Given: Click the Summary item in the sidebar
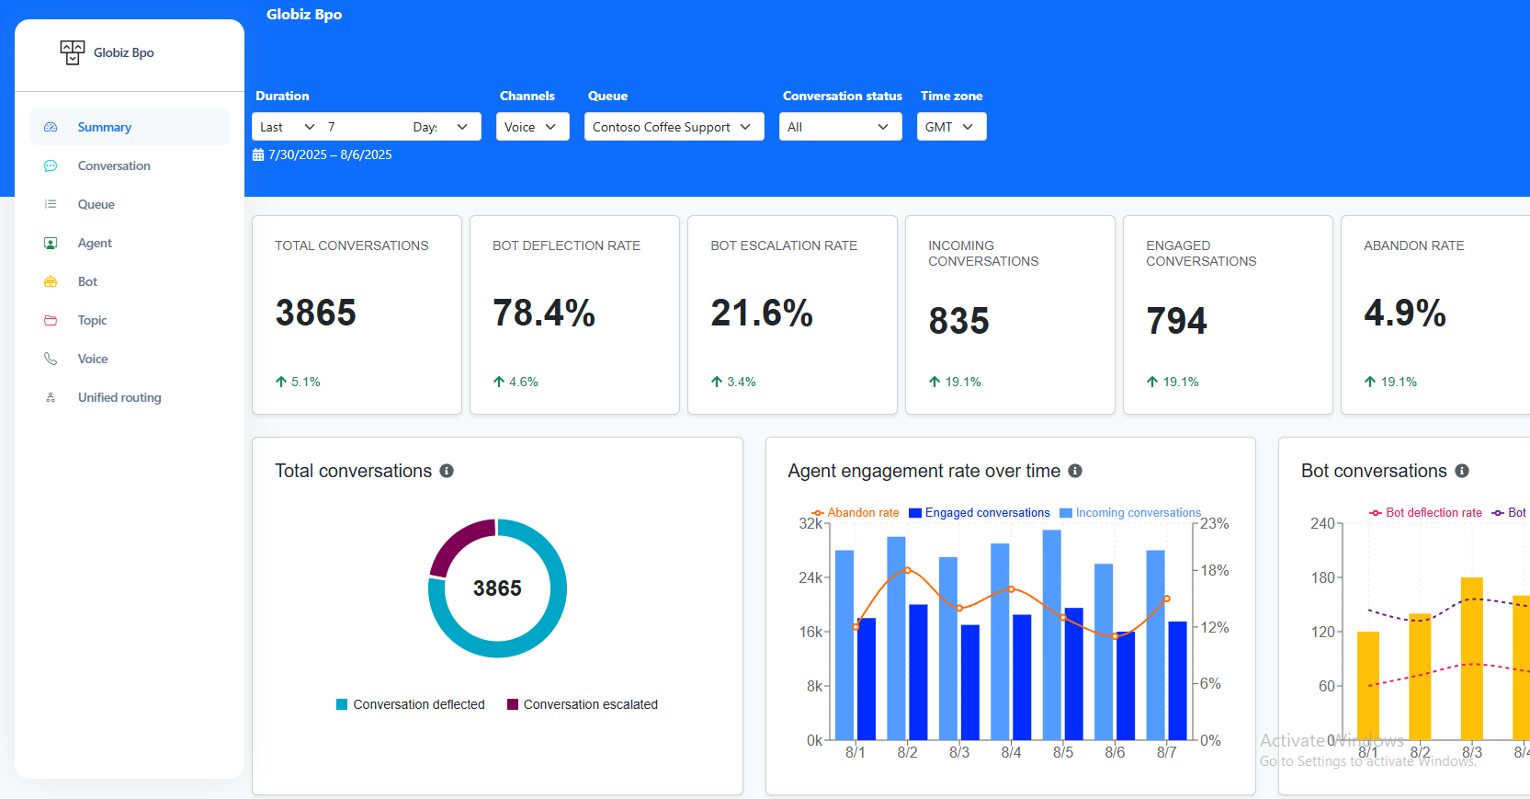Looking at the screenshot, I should click(x=104, y=127).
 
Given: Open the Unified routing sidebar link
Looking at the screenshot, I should click(x=119, y=397).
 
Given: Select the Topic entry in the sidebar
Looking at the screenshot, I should click(x=92, y=320).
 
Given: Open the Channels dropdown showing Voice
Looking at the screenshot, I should click(x=532, y=127).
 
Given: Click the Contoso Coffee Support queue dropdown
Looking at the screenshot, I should click(x=674, y=127).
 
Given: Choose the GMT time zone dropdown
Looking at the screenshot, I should click(x=951, y=127).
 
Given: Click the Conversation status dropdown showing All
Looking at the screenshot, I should click(x=840, y=127).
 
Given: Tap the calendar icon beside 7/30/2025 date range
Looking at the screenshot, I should click(x=258, y=155).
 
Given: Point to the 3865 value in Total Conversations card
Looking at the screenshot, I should click(x=315, y=313).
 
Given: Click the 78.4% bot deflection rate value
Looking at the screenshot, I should click(x=544, y=313).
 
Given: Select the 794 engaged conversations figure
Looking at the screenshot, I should click(x=1176, y=321).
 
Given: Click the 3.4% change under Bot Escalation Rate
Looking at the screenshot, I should click(x=741, y=382).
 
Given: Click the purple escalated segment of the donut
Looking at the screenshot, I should click(x=456, y=542).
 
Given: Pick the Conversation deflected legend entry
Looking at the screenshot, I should click(x=410, y=704).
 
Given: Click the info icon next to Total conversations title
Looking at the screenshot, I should click(x=447, y=471).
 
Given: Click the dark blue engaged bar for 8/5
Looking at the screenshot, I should click(x=1073, y=673).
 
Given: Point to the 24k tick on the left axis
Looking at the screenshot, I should click(x=810, y=577).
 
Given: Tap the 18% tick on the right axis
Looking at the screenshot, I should click(x=1215, y=570).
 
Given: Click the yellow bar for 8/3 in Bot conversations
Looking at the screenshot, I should click(x=1471, y=657).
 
